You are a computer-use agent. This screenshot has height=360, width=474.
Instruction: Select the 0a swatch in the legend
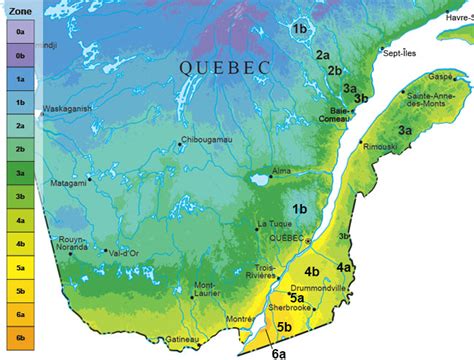point(18,32)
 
